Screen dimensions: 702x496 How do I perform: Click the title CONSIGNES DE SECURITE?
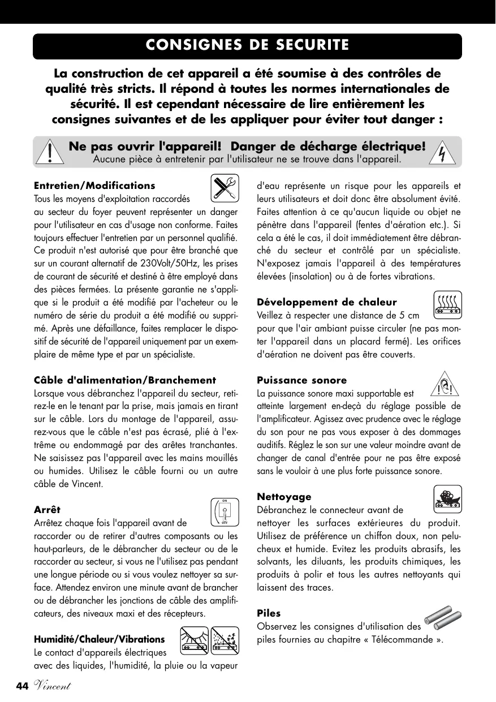click(x=247, y=45)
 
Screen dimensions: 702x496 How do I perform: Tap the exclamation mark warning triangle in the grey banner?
click(x=50, y=152)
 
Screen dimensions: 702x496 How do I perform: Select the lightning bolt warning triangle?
click(x=444, y=152)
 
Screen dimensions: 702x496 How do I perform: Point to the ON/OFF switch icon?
click(x=224, y=512)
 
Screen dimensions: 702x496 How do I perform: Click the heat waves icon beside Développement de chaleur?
click(x=448, y=304)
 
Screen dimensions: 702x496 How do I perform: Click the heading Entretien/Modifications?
click(x=94, y=186)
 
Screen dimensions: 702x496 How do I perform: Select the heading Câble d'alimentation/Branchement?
click(x=125, y=380)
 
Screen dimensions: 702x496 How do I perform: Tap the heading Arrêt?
click(x=47, y=510)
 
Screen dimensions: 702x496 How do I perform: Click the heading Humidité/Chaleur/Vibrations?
click(x=100, y=639)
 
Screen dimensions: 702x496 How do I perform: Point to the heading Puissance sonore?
click(x=302, y=380)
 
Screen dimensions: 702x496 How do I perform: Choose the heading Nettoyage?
click(x=284, y=497)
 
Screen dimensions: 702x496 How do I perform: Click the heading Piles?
click(x=269, y=613)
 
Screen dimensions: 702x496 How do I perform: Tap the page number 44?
click(x=22, y=686)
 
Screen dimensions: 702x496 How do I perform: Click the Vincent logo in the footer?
click(x=51, y=686)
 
